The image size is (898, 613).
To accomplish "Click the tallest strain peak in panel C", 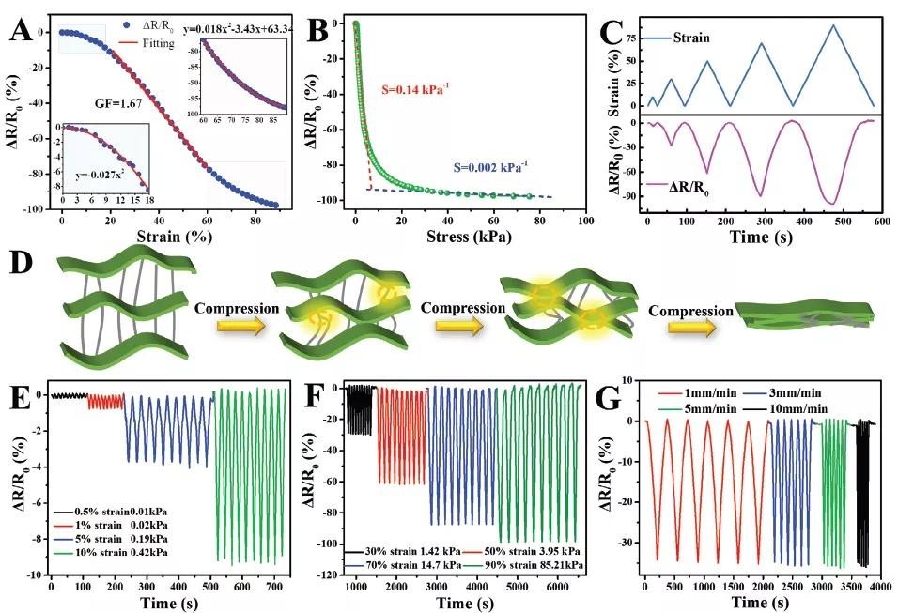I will pos(832,25).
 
